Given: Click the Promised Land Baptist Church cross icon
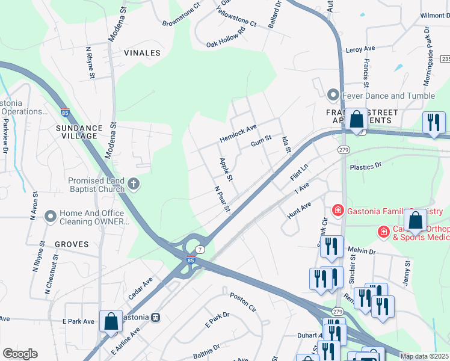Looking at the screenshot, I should point(134,185).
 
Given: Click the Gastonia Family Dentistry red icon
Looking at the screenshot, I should point(338,210).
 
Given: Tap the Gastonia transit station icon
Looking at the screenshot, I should point(155,316).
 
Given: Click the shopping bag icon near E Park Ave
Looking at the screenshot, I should point(111,321).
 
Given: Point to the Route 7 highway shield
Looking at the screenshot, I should point(200,249).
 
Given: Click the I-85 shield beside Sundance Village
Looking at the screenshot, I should point(65,111).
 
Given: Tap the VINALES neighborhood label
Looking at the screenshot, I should point(142,53).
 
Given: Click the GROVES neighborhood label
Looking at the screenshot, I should point(72,244).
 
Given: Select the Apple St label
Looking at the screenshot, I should point(226,169).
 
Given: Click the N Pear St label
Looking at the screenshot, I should point(223,199).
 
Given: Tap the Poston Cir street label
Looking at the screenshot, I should point(243,302).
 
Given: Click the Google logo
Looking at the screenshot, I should point(20,354).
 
